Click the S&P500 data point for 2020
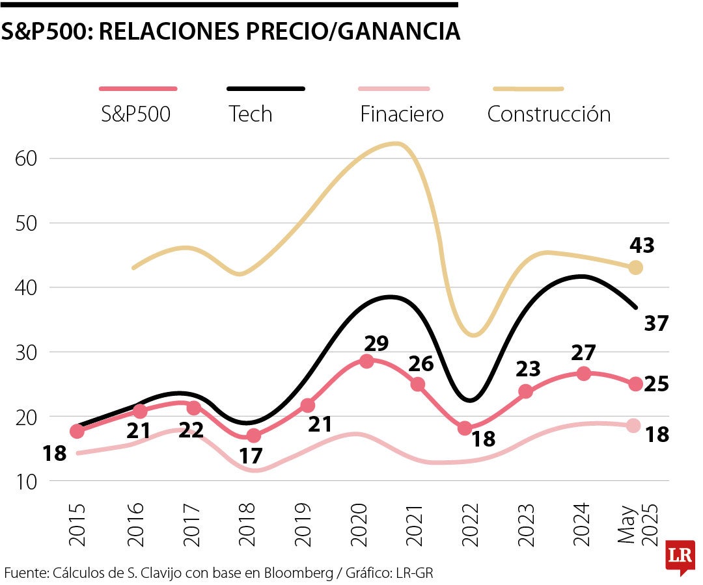pyautogui.click(x=366, y=361)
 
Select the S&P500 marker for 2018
pyautogui.click(x=254, y=435)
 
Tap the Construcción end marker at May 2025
pyautogui.click(x=636, y=267)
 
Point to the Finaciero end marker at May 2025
pyautogui.click(x=633, y=426)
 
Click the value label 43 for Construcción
pyautogui.click(x=641, y=246)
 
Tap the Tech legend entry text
pyautogui.click(x=251, y=114)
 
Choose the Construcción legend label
pyautogui.click(x=549, y=114)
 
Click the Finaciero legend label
pyautogui.click(x=402, y=114)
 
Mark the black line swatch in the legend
pyautogui.click(x=266, y=88)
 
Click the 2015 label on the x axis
pyautogui.click(x=77, y=525)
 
